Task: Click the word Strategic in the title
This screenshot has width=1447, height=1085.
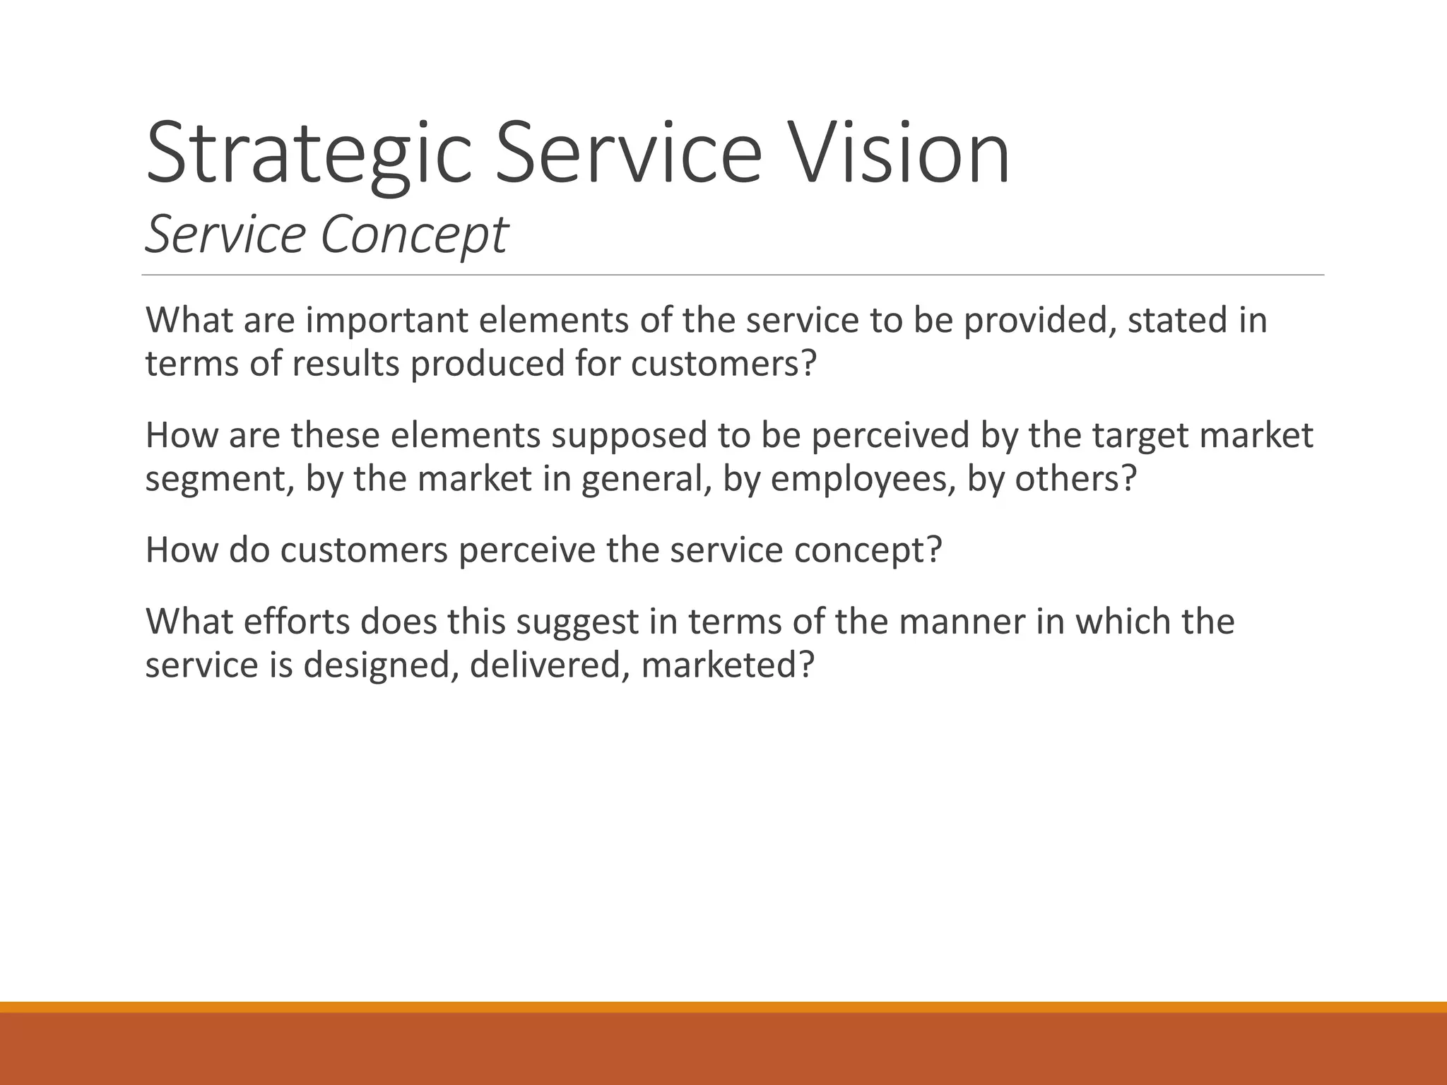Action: [x=308, y=154]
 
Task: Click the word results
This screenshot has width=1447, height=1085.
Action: [x=345, y=364]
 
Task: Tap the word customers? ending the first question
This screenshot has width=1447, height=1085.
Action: [x=723, y=364]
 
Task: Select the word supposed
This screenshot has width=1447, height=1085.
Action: [x=629, y=435]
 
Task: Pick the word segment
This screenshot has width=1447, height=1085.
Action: [x=220, y=480]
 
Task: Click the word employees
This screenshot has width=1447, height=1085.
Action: [x=862, y=480]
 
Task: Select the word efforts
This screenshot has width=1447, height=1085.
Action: [x=297, y=622]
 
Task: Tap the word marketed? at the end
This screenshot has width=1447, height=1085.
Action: [x=728, y=665]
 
